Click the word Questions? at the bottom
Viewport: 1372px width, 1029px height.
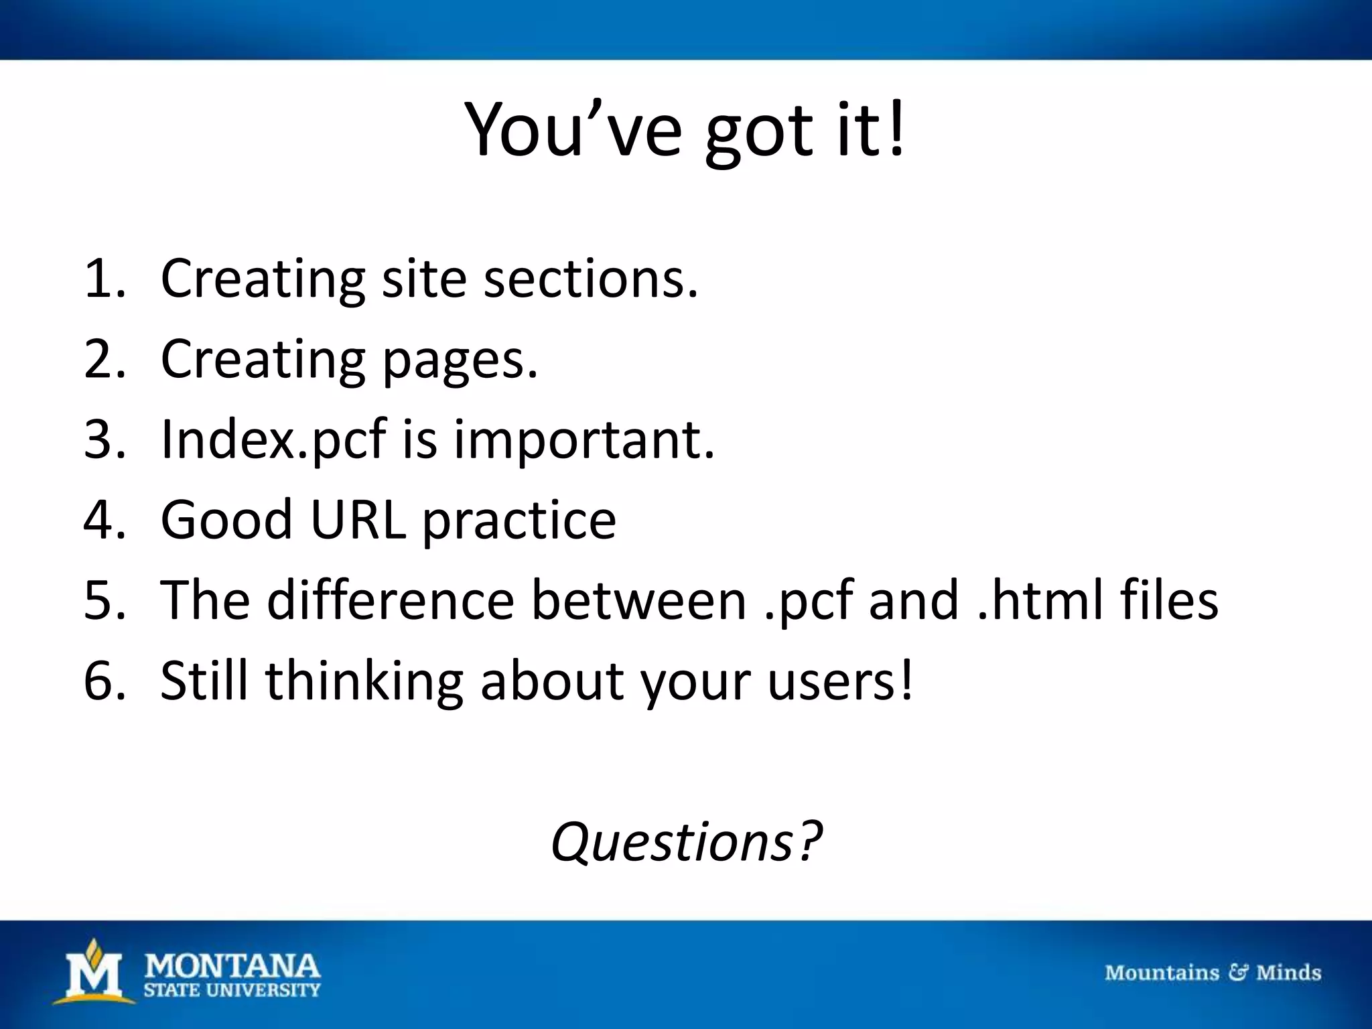tap(686, 841)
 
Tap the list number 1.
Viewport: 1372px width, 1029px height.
tap(104, 279)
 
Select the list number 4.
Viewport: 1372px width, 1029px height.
tap(104, 520)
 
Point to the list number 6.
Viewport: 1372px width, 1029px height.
tap(104, 681)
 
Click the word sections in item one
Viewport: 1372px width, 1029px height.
tap(590, 279)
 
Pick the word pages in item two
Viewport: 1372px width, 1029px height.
tap(460, 360)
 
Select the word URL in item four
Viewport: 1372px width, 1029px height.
tap(358, 520)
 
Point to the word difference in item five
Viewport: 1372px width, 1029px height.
tap(390, 600)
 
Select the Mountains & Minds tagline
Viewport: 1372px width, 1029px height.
tap(1213, 973)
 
